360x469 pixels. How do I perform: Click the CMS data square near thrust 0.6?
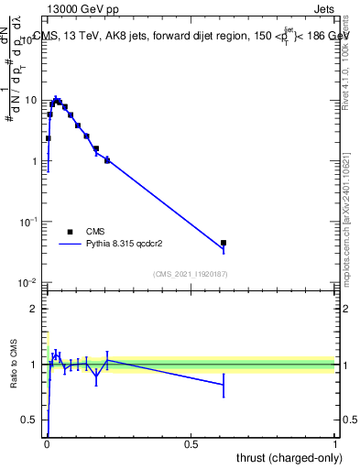point(224,243)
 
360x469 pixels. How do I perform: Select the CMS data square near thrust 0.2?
point(107,160)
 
